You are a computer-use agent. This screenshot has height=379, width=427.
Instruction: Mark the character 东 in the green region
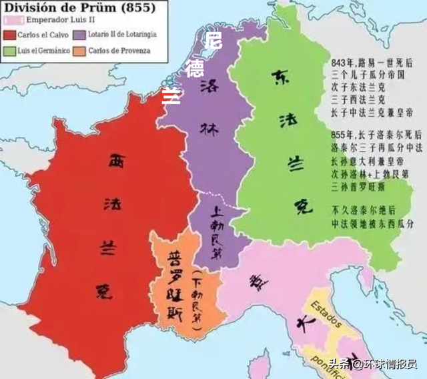tap(280, 78)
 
